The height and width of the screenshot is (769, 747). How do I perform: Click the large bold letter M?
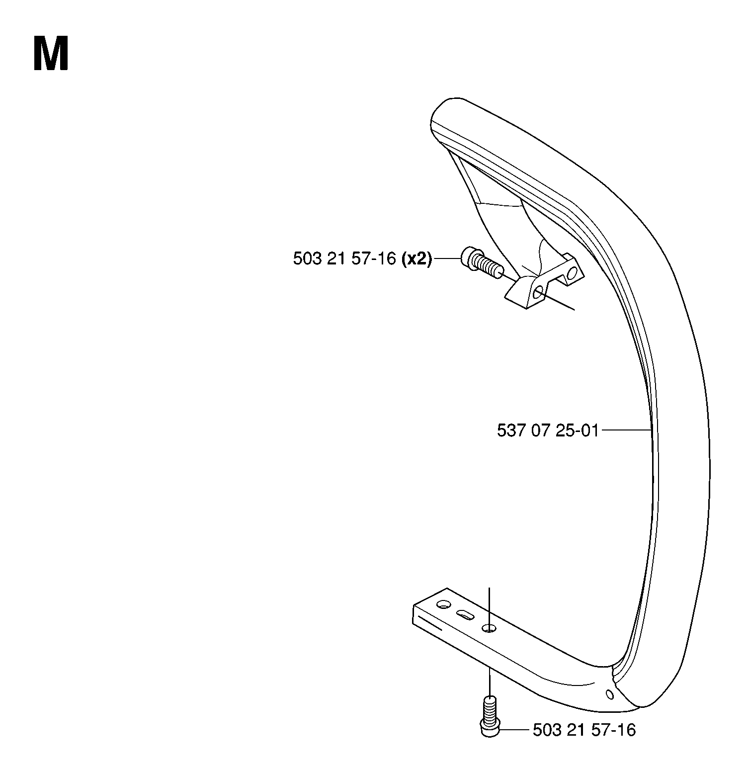coord(51,54)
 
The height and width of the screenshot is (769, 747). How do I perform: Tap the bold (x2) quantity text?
coord(416,259)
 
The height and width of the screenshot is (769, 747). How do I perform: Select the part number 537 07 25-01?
coord(547,430)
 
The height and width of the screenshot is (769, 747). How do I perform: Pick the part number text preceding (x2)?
coord(344,259)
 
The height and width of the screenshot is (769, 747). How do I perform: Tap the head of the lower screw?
coord(490,726)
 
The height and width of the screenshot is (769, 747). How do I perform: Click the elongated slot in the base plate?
coord(465,615)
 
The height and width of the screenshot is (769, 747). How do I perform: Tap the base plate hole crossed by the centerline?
coord(489,628)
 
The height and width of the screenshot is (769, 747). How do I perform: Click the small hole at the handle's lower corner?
coord(609,693)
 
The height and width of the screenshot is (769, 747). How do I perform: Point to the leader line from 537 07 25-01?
coord(625,429)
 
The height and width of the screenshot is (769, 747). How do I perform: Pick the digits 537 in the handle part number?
coord(510,430)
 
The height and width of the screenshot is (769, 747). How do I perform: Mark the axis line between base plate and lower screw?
coord(490,682)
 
